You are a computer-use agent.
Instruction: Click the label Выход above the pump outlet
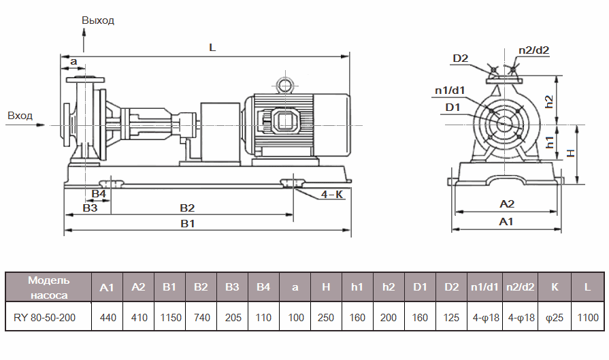click(98, 20)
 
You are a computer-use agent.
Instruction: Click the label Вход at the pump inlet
click(20, 116)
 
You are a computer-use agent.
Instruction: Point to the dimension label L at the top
click(212, 48)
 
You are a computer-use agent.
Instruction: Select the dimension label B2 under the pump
click(187, 208)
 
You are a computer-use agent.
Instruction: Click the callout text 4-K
click(331, 195)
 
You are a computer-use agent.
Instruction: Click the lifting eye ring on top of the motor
click(282, 85)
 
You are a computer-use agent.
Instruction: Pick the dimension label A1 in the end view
click(506, 222)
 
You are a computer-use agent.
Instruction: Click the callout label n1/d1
click(450, 91)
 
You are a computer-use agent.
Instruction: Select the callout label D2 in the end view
click(461, 59)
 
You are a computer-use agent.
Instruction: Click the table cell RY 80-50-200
click(48, 316)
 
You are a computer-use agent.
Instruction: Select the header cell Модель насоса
click(48, 287)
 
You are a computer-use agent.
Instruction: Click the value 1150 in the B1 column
click(169, 316)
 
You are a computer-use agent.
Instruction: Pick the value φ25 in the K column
click(554, 316)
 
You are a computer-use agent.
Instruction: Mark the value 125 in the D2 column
click(452, 316)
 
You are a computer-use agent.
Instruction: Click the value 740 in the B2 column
click(201, 316)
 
